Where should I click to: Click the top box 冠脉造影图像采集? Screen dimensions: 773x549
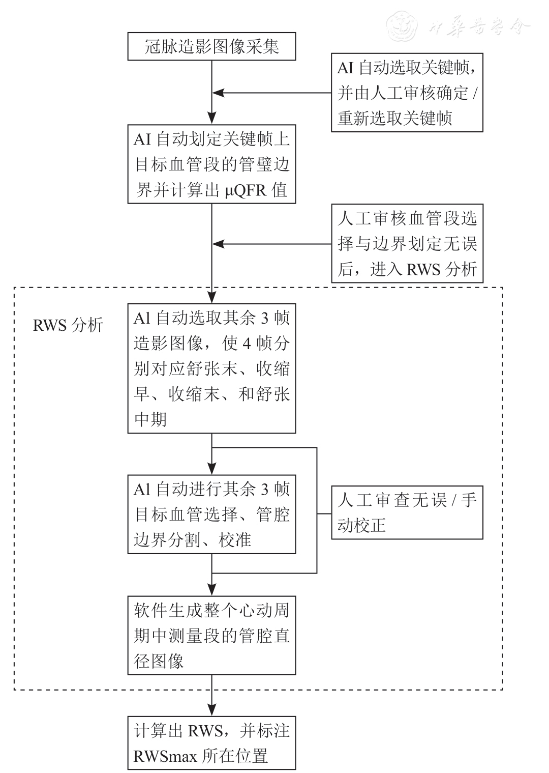[x=211, y=47]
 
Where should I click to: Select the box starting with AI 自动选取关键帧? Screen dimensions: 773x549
[x=407, y=93]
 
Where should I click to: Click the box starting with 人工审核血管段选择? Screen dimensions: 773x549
[x=407, y=244]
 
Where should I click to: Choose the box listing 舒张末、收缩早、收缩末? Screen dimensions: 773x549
[x=211, y=368]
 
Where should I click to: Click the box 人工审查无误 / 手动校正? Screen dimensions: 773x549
[x=407, y=512]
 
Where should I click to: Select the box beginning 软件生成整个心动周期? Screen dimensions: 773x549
[x=211, y=636]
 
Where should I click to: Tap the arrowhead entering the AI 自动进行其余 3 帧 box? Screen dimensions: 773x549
[x=212, y=469]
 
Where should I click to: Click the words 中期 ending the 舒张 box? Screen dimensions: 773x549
[x=150, y=420]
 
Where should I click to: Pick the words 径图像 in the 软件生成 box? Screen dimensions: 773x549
[x=159, y=661]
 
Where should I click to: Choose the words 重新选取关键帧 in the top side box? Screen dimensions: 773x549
[x=395, y=119]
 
